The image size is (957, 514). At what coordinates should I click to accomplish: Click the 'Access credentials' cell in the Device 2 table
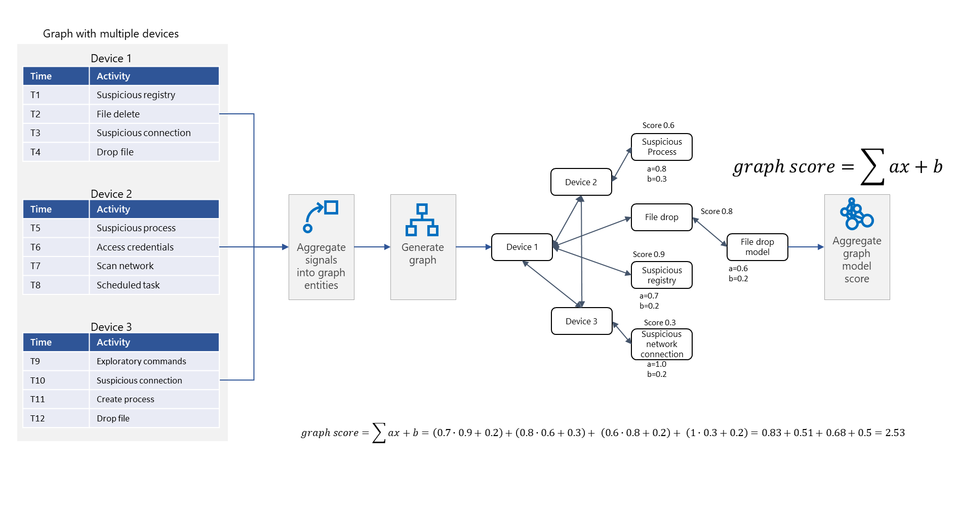[135, 247]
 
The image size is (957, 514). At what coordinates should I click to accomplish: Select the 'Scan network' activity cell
[125, 266]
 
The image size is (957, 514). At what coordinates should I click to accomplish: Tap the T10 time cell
[37, 380]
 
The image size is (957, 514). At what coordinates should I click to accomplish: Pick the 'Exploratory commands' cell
[141, 361]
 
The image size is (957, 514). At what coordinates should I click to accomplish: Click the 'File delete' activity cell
[118, 114]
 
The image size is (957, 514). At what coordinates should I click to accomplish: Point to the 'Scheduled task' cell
[128, 285]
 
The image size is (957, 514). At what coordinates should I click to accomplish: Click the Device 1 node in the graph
[522, 247]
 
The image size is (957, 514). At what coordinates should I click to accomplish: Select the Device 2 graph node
[581, 182]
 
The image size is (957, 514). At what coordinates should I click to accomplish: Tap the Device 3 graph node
[581, 321]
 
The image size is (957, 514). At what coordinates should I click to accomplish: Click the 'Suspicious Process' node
[661, 147]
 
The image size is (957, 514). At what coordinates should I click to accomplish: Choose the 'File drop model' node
[757, 247]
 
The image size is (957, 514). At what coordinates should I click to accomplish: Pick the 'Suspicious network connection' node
[661, 344]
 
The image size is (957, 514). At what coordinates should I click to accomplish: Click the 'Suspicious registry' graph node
[661, 275]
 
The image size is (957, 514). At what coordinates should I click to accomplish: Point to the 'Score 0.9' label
[648, 254]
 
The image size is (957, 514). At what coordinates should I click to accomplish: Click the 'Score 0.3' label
[659, 323]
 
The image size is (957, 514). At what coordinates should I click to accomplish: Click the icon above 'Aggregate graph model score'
[856, 214]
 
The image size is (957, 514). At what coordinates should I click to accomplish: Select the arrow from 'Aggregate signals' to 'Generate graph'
[372, 247]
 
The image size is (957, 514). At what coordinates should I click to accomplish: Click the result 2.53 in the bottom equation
[895, 433]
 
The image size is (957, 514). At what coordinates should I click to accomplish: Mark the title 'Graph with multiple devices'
[111, 34]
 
